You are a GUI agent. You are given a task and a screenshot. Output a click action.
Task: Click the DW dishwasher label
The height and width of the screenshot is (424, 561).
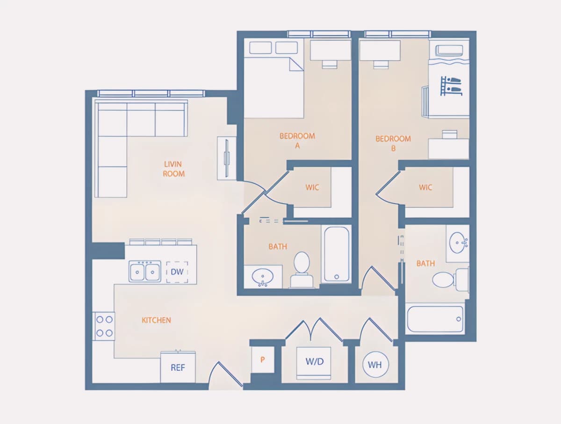[177, 272]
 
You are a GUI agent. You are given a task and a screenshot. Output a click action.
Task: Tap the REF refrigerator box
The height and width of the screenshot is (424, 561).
[178, 367]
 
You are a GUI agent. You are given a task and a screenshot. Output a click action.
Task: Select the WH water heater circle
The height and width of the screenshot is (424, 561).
[375, 365]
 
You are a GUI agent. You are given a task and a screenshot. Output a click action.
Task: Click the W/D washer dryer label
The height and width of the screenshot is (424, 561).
[315, 361]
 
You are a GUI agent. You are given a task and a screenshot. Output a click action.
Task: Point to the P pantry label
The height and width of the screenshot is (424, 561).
[262, 359]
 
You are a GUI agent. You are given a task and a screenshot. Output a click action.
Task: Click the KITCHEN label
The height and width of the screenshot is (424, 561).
[156, 320]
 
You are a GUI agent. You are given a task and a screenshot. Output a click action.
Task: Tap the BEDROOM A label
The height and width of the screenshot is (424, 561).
[297, 141]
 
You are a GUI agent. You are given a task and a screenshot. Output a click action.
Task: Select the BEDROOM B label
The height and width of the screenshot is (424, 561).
[393, 144]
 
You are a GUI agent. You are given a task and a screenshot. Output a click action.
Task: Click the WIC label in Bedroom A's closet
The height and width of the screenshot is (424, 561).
[312, 187]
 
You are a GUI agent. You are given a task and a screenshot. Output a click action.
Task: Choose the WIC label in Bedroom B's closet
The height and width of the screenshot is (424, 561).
[425, 187]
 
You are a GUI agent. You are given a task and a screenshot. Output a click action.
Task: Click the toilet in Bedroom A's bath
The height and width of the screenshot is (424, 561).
[302, 270]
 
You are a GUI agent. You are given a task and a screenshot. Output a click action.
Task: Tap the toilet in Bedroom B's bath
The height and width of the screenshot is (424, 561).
[450, 280]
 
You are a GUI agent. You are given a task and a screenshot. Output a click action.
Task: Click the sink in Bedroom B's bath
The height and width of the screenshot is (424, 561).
[458, 243]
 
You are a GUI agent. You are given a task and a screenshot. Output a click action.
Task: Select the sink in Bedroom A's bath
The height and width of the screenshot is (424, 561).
[262, 277]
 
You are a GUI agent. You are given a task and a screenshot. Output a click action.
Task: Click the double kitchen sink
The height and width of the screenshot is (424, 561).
[144, 272]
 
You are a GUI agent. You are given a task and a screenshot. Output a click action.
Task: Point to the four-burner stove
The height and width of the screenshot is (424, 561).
[104, 326]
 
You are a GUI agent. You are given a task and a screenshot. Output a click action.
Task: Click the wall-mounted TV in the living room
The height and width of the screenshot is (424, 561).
[226, 158]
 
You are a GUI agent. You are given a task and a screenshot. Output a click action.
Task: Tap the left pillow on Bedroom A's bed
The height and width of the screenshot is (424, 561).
[260, 48]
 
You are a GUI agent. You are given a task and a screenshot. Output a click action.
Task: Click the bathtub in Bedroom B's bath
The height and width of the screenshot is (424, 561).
[435, 319]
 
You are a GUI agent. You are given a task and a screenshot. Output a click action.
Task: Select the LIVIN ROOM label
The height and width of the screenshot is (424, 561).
[173, 169]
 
